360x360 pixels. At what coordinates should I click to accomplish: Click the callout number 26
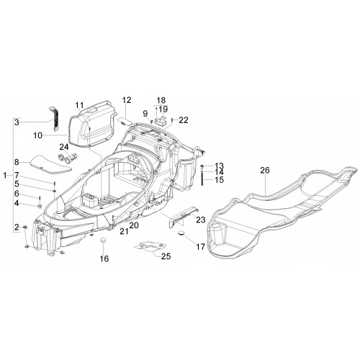click(x=265, y=171)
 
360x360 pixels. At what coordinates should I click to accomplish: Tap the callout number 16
click(x=104, y=258)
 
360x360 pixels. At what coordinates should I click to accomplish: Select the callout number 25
click(x=166, y=256)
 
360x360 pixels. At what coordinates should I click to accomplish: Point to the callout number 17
click(x=200, y=246)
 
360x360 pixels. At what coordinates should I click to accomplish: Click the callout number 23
click(x=201, y=220)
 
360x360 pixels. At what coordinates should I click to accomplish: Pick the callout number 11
click(x=79, y=105)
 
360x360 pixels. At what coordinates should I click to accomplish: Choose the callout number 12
click(x=127, y=100)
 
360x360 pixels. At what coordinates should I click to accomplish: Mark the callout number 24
click(x=64, y=147)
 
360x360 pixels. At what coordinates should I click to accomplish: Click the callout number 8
click(x=17, y=162)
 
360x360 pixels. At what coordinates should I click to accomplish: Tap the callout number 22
click(x=184, y=120)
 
